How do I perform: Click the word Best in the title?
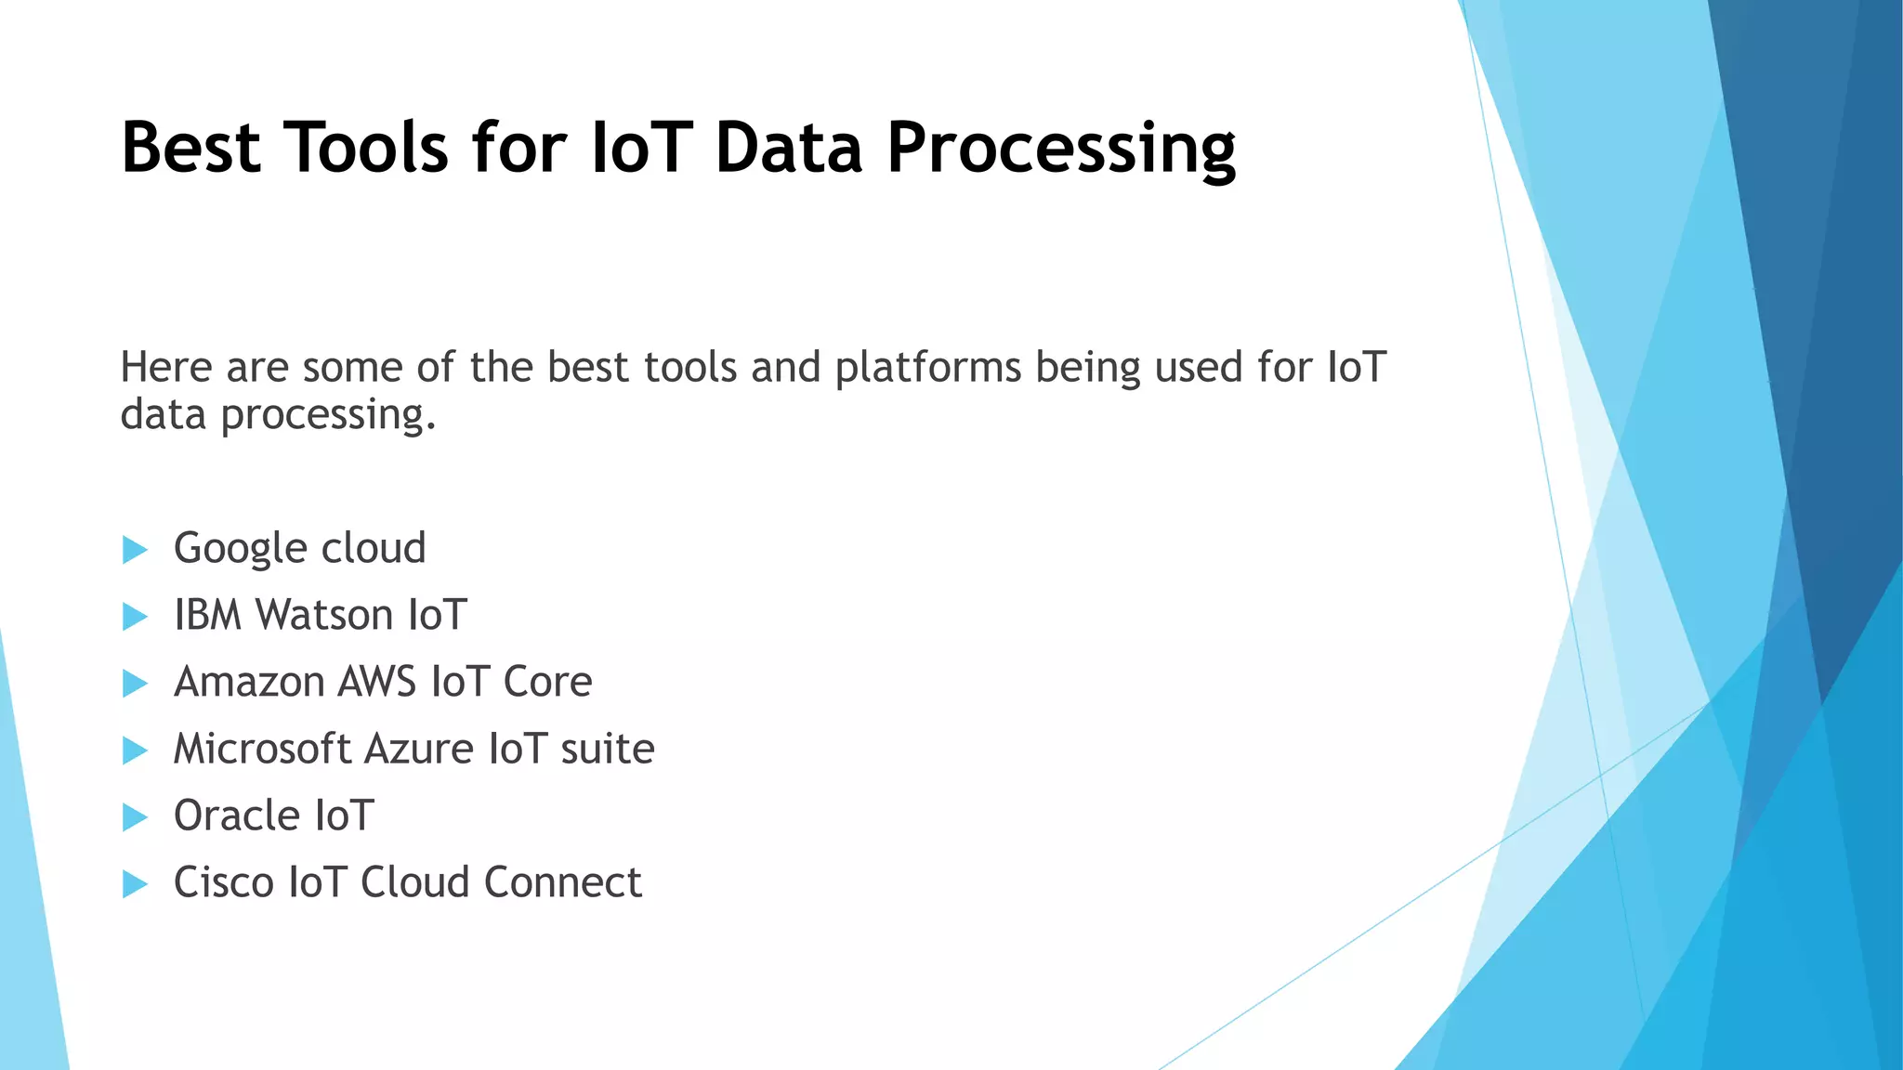190,148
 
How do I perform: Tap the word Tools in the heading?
366,148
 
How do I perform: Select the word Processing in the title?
1060,148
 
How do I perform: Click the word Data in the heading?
788,148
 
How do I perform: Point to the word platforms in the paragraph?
928,368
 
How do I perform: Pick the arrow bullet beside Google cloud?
135,550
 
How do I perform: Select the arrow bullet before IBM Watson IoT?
135,617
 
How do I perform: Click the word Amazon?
249,682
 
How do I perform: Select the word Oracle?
236,816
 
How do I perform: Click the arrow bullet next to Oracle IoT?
135,817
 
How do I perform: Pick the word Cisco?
223,882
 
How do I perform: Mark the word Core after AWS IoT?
547,682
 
